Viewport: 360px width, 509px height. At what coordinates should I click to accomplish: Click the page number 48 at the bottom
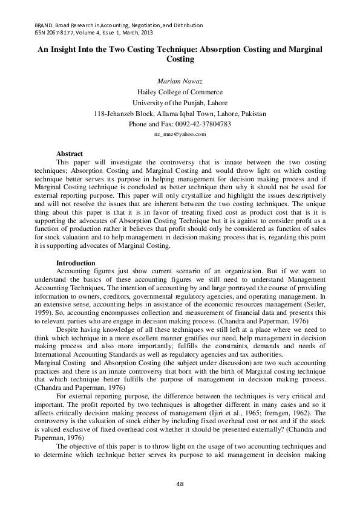point(180,483)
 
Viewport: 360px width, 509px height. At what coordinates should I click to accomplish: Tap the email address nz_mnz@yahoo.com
point(180,135)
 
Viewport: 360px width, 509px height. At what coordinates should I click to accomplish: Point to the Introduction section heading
point(75,263)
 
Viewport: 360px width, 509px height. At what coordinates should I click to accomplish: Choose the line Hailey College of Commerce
point(180,92)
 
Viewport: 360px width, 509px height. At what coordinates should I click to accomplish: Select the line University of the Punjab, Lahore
point(180,103)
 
